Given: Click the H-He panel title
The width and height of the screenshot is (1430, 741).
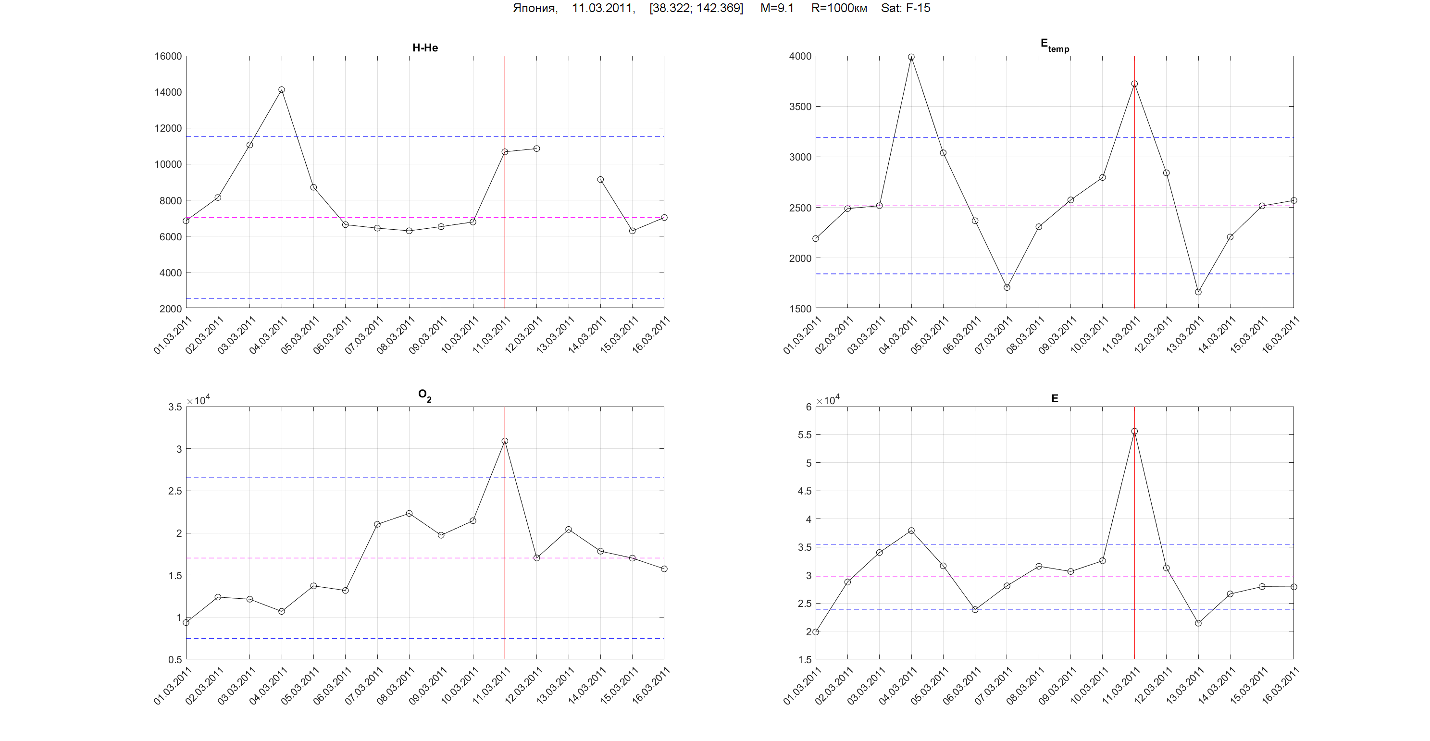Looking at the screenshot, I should [424, 48].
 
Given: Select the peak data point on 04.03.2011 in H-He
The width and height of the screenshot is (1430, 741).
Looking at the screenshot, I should [282, 90].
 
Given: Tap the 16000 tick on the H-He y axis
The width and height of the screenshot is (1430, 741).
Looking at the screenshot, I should [168, 56].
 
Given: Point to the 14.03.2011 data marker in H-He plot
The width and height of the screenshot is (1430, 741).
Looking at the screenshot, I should [600, 180].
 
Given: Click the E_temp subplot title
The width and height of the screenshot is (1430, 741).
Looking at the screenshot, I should [1054, 46].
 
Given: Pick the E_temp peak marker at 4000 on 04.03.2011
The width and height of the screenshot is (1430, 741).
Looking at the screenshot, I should [911, 57].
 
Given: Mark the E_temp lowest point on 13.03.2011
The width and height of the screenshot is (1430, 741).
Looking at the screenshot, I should [1198, 292].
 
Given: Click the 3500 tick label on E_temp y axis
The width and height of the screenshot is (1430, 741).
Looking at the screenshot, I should [799, 107].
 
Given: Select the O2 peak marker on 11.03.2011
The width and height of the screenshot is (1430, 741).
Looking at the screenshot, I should [505, 441].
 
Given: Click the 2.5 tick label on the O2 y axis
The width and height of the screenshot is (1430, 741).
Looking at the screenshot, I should [175, 491].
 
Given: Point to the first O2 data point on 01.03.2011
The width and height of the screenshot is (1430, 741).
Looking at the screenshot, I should [186, 623].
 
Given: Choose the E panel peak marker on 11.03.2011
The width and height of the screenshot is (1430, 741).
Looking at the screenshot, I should [1134, 431].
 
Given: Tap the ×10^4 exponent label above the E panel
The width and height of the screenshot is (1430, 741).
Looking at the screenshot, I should [828, 400].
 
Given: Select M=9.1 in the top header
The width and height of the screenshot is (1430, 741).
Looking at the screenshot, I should [777, 8].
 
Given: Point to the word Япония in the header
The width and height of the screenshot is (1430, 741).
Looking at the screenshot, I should [534, 8].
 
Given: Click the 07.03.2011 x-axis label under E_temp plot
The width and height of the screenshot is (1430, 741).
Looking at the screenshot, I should [994, 335].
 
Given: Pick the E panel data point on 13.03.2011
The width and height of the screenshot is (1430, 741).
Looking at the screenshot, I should [1198, 623].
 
